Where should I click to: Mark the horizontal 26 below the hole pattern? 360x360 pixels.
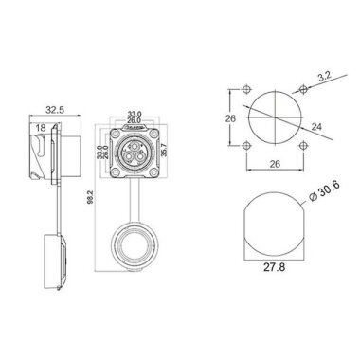pyautogui.click(x=274, y=164)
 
